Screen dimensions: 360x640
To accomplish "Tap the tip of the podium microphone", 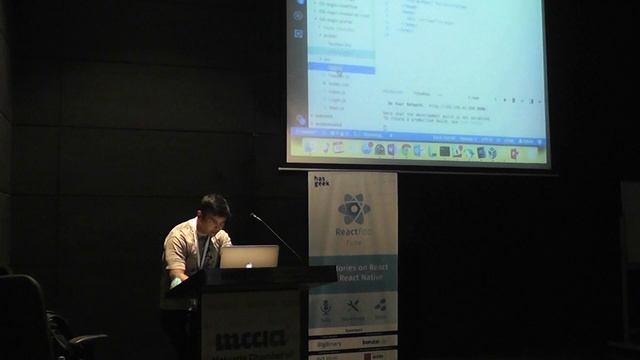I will pyautogui.click(x=253, y=215).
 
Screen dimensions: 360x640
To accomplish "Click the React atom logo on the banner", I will pyautogui.click(x=353, y=208).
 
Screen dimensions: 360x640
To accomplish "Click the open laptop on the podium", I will pyautogui.click(x=248, y=257).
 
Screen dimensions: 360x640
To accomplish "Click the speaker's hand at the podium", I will pyautogui.click(x=179, y=277).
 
